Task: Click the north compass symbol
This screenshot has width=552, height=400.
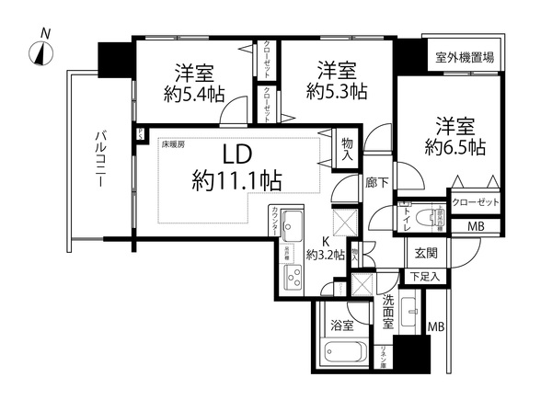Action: (43, 51)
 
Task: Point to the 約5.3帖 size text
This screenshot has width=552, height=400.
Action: (336, 91)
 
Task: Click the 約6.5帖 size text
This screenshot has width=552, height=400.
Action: (455, 147)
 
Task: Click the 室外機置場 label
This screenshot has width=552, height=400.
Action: (465, 57)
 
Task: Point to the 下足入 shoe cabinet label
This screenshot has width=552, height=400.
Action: (424, 276)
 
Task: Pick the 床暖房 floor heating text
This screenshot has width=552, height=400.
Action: (176, 144)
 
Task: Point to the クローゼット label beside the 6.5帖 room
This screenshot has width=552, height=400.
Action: (475, 202)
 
